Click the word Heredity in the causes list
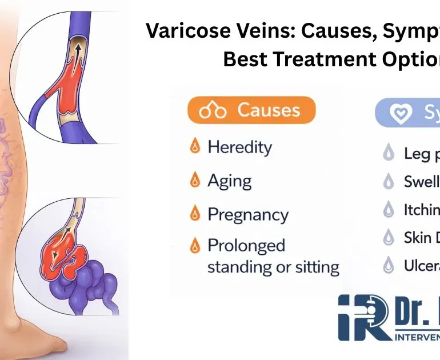[239, 147]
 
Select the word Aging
[230, 181]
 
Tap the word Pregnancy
[247, 215]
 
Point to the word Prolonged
[246, 246]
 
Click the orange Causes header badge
[250, 110]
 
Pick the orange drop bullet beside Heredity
[195, 147]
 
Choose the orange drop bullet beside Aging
[195, 181]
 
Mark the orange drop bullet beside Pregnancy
[195, 214]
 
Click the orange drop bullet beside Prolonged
[195, 246]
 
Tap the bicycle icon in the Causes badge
[213, 111]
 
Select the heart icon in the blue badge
[401, 114]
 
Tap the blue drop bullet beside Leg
[389, 153]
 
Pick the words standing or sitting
[273, 267]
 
